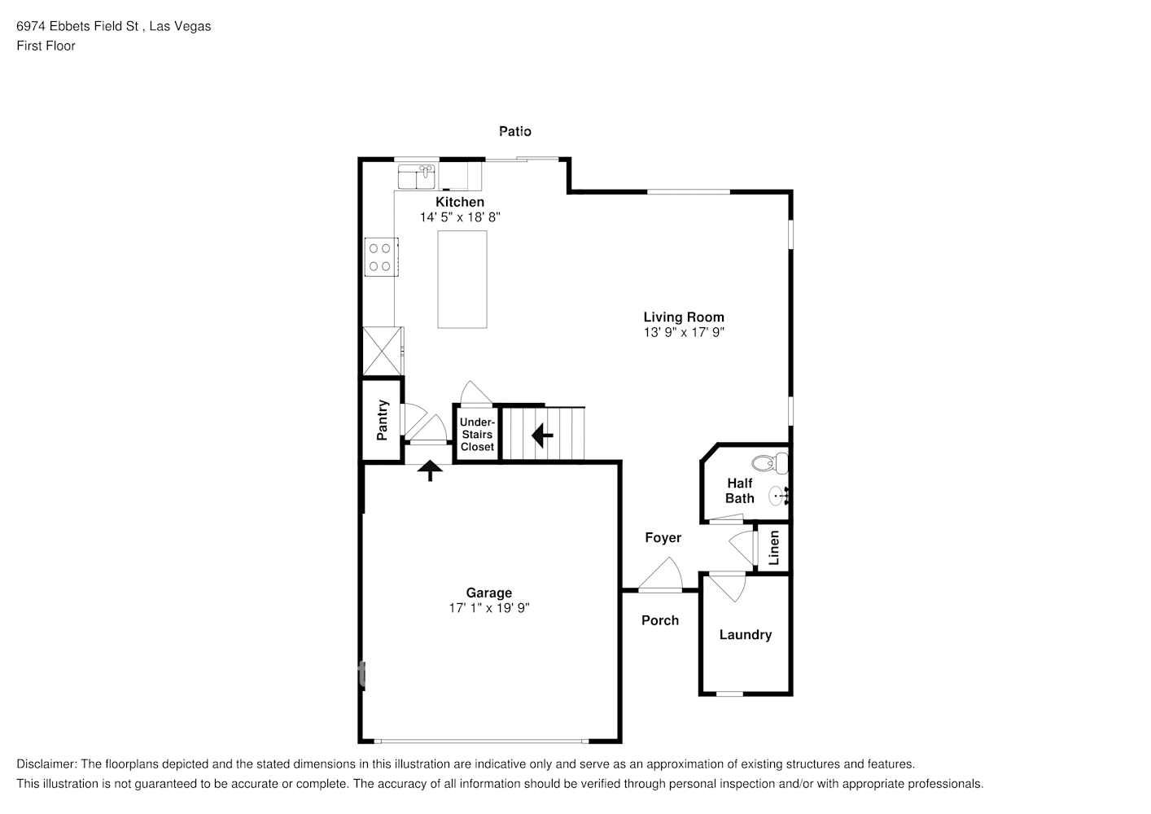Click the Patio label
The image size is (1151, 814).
point(515,132)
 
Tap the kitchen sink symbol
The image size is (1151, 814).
point(417,177)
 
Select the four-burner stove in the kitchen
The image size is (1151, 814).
point(381,257)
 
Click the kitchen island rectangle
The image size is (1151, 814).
point(462,279)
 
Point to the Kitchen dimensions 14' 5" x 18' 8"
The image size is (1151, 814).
point(460,217)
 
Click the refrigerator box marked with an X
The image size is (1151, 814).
point(383,351)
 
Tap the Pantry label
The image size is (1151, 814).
point(382,420)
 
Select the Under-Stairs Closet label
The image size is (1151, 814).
point(477,434)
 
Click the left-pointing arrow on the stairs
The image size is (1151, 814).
point(542,435)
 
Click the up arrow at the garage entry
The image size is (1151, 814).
point(430,470)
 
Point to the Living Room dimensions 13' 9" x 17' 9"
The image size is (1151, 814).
point(684,332)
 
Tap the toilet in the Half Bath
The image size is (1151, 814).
point(769,463)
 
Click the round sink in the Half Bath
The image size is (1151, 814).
point(778,497)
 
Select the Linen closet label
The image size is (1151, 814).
point(774,548)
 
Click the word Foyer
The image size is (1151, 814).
point(663,537)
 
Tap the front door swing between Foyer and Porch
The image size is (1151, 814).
point(661,574)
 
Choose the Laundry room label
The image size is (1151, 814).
point(745,635)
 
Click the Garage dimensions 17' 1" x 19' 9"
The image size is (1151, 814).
point(489,608)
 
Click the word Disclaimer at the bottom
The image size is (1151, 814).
point(46,764)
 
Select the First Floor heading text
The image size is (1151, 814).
point(46,46)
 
